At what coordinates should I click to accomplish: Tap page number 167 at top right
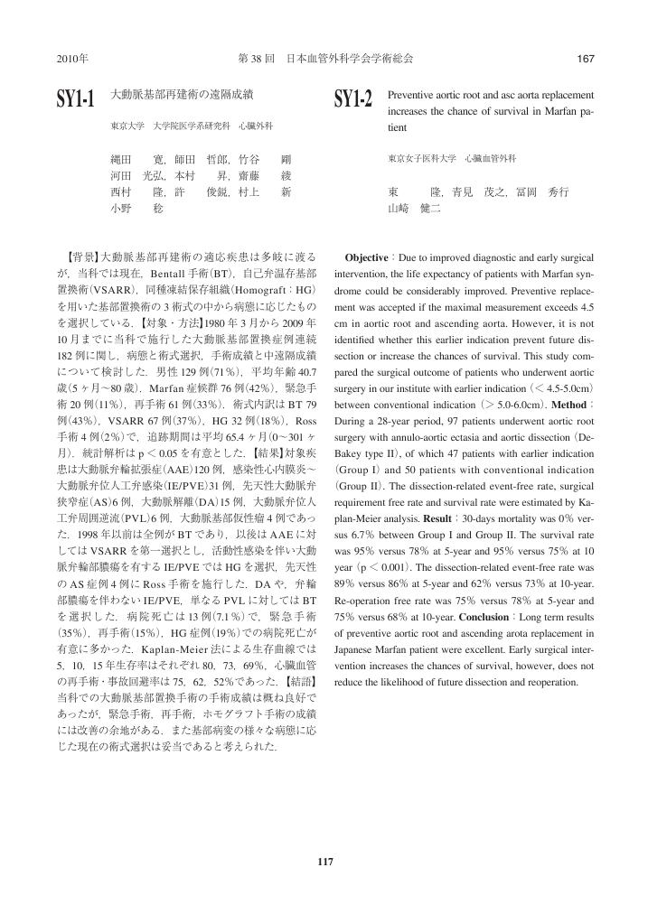click(584, 59)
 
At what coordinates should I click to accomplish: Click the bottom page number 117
click(324, 861)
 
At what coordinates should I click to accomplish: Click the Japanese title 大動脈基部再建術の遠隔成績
click(181, 94)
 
